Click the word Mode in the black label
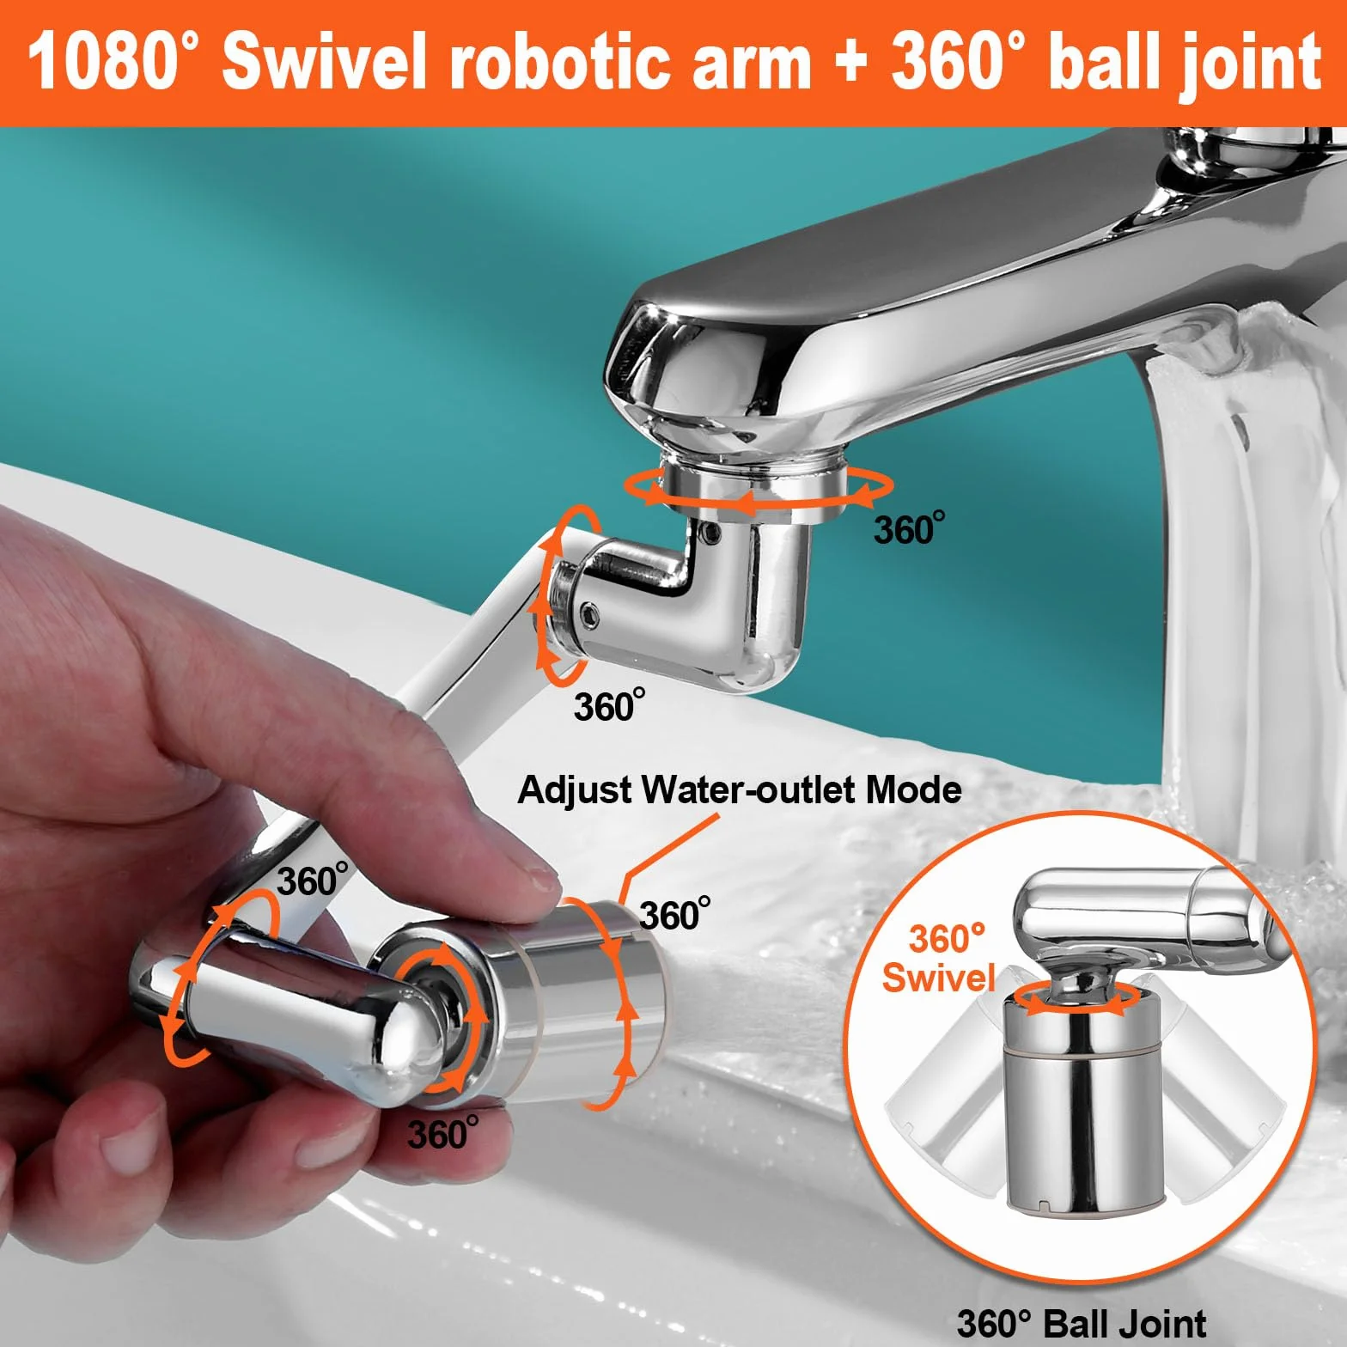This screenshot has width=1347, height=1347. click(x=914, y=789)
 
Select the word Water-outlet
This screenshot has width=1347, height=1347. click(x=751, y=789)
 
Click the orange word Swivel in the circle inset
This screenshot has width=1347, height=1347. click(x=938, y=978)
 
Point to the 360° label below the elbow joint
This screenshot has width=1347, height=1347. click(x=609, y=705)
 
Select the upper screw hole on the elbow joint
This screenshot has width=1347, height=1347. click(x=710, y=534)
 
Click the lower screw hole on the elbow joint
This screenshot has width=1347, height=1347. click(x=589, y=612)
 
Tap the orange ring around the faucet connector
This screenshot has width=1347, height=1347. click(x=758, y=488)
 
